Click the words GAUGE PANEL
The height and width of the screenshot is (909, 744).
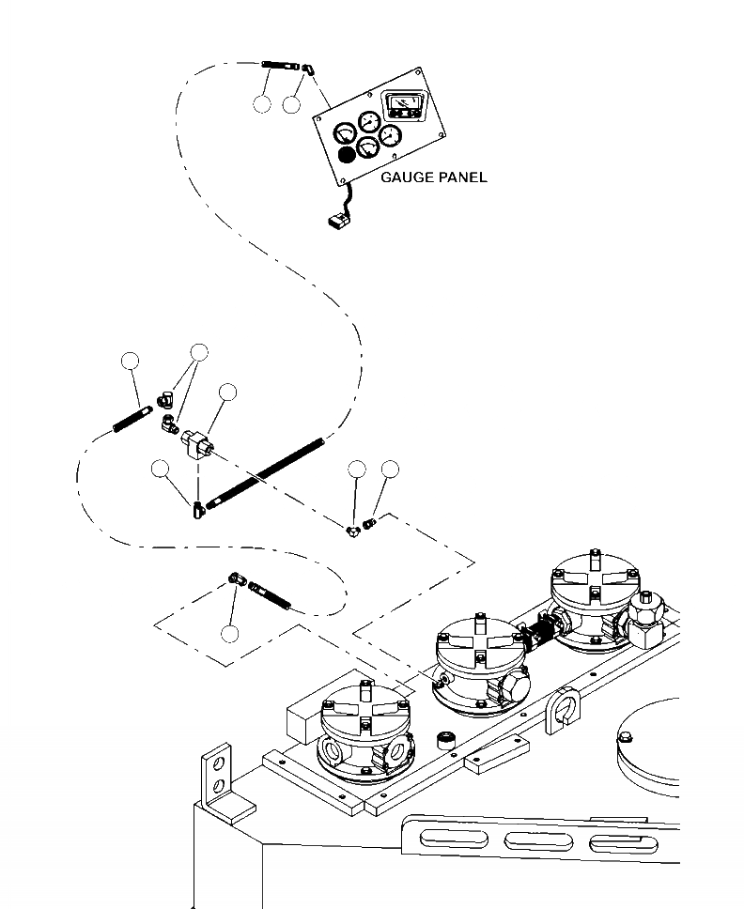[x=434, y=177]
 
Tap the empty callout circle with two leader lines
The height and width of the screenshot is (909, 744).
[x=198, y=351]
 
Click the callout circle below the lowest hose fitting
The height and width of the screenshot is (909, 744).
[x=230, y=633]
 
